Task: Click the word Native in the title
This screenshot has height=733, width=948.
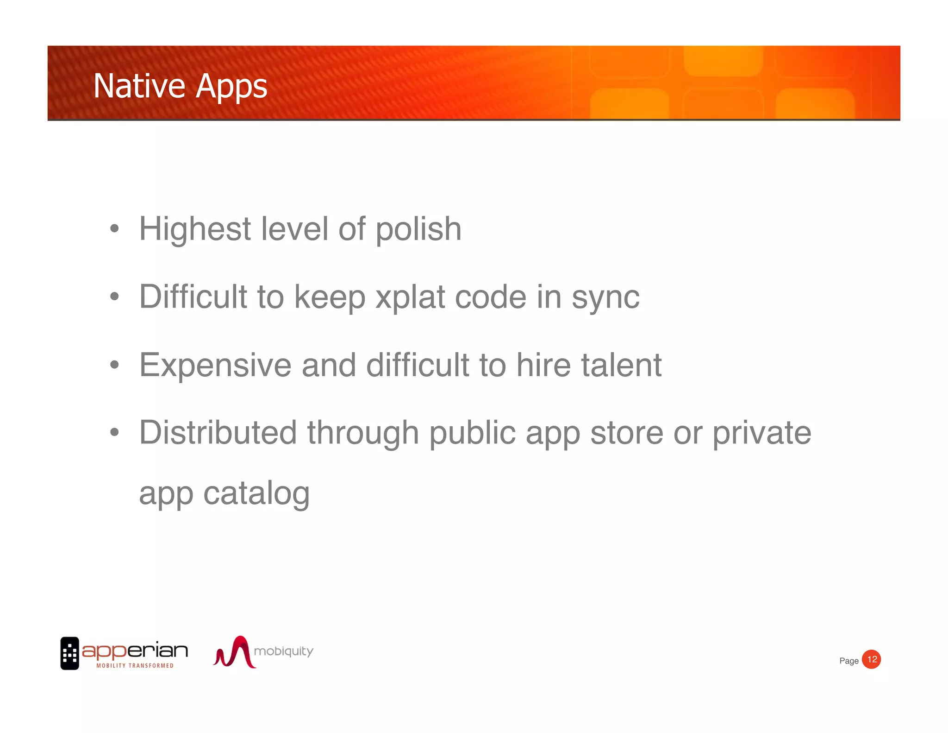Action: [x=139, y=86]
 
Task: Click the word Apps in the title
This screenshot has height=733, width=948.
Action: [x=231, y=87]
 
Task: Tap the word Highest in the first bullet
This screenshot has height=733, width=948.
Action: [x=194, y=229]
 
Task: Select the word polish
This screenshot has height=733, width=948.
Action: [x=418, y=230]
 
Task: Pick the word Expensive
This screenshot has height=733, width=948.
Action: [x=215, y=366]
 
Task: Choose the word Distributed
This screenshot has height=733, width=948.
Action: [x=218, y=433]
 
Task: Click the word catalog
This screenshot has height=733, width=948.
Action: [x=256, y=494]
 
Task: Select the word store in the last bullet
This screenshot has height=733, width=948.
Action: [x=627, y=433]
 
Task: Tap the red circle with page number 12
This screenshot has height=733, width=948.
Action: [x=871, y=659]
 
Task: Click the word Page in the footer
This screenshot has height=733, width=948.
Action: [x=848, y=661]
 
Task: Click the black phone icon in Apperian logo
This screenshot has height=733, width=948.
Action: [x=69, y=653]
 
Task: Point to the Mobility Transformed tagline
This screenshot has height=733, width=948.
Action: [x=135, y=666]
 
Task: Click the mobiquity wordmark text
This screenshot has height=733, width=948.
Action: [x=283, y=651]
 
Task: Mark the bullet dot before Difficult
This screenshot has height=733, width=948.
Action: [x=114, y=297]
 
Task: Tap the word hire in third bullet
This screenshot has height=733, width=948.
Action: [x=543, y=365]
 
